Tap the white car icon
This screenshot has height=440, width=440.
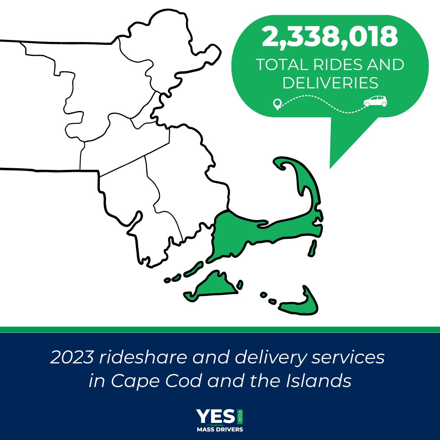tap(375, 101)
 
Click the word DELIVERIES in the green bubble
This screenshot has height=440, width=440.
tap(330, 83)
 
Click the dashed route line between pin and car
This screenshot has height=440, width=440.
tap(322, 100)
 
